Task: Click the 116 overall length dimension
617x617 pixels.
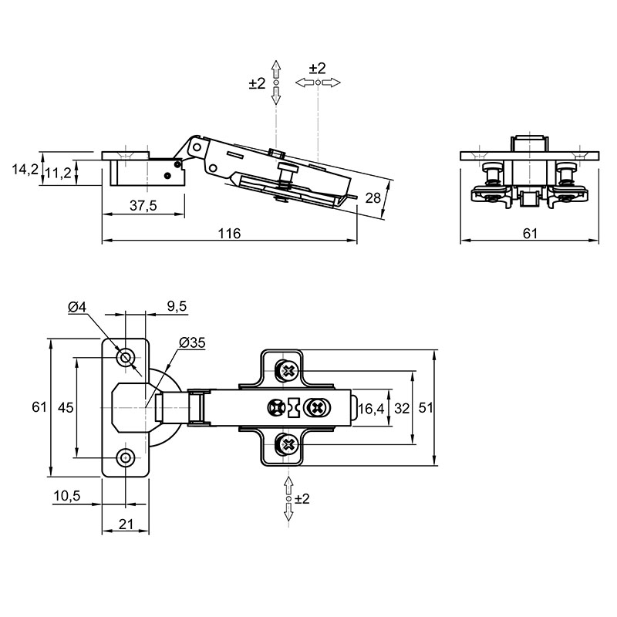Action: click(229, 234)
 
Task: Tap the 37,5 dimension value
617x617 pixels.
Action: click(143, 205)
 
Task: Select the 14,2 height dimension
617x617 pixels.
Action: click(25, 170)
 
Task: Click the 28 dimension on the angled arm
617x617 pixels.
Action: click(373, 197)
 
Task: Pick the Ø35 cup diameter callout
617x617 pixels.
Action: click(192, 342)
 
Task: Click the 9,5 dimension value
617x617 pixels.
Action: click(177, 305)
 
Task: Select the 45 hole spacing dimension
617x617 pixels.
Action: click(66, 407)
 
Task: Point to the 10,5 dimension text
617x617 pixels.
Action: click(67, 496)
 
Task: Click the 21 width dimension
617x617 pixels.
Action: click(126, 524)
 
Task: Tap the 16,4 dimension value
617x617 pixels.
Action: click(371, 409)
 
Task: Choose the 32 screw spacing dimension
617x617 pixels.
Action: click(402, 409)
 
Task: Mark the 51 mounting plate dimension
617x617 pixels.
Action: click(426, 408)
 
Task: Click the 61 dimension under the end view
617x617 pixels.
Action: click(530, 234)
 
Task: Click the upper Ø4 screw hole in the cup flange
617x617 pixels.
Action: click(126, 358)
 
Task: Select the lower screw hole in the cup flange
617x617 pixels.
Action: click(126, 457)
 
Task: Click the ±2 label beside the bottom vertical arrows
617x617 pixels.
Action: click(302, 499)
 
